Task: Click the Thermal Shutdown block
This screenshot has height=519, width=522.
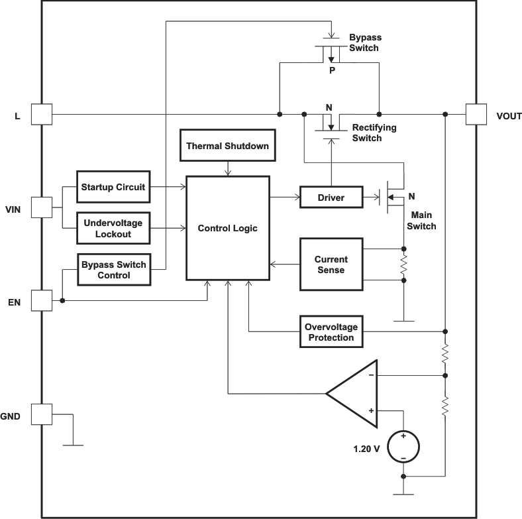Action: click(227, 146)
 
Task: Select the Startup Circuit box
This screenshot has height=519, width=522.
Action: click(113, 187)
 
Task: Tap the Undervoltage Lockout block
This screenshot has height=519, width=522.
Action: click(113, 229)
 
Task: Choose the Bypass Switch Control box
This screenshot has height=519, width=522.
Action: click(114, 270)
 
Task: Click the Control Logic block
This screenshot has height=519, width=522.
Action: click(227, 228)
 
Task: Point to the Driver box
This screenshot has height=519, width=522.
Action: click(331, 197)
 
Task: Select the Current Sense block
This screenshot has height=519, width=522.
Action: click(331, 264)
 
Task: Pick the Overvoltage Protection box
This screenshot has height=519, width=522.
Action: click(329, 332)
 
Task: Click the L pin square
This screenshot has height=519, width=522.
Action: click(42, 115)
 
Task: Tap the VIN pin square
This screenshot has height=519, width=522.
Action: click(42, 208)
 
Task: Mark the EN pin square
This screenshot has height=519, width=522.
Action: click(42, 300)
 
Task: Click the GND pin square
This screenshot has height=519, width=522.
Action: click(42, 415)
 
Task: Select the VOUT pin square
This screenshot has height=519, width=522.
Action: click(476, 115)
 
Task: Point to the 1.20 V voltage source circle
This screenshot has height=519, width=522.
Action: click(403, 447)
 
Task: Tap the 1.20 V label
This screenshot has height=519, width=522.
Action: click(366, 449)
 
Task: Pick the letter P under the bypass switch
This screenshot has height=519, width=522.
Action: click(332, 70)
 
